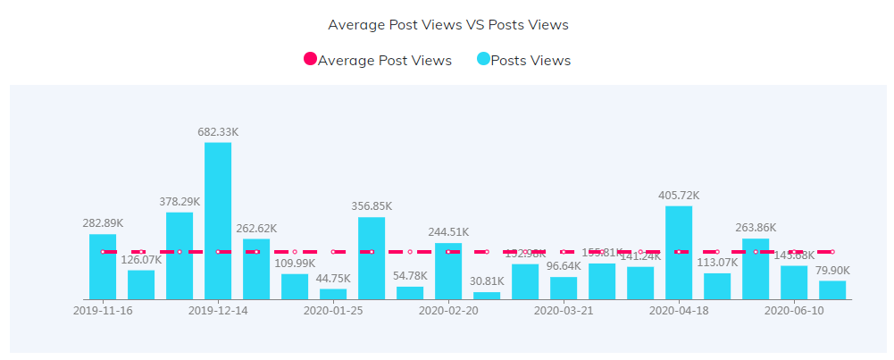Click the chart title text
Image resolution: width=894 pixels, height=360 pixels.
448,25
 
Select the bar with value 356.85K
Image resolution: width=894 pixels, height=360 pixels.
372,258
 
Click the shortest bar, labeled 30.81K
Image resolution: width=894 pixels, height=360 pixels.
487,295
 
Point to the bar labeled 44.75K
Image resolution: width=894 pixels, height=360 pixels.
333,293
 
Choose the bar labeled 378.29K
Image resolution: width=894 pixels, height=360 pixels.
180,255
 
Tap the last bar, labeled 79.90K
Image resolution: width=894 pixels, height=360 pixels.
832,289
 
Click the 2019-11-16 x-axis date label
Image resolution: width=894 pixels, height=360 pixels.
103,311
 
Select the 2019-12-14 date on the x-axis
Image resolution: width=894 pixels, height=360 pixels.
218,311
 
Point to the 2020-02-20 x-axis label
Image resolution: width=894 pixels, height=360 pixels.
448,311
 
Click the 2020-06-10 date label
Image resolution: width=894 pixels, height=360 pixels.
794,311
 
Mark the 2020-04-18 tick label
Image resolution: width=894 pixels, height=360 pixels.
679,311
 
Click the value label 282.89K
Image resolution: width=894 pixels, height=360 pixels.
103,223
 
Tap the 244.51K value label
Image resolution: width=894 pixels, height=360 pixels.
448,232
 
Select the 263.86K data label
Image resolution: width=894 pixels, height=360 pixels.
756,228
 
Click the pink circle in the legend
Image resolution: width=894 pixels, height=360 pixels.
311,60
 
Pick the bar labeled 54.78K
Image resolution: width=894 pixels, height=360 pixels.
410,292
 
